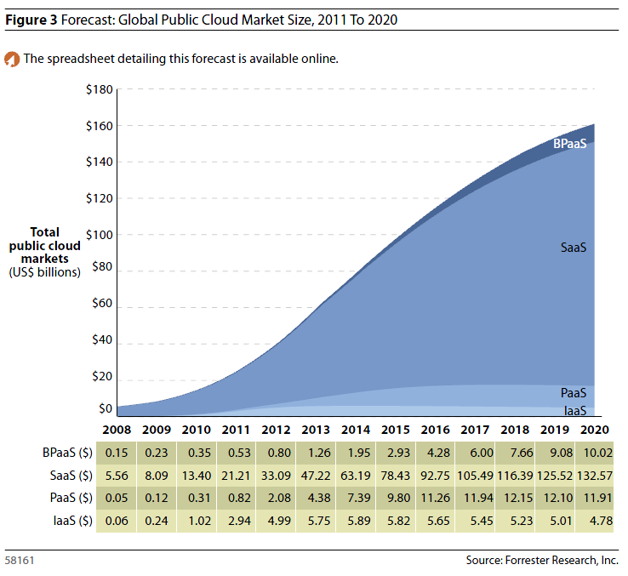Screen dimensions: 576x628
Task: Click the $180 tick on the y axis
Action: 100,89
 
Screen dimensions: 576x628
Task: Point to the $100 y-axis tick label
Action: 100,234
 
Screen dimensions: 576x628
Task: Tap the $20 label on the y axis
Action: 102,376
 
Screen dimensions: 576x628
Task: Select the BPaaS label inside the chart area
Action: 569,144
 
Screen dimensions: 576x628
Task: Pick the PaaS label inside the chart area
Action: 574,393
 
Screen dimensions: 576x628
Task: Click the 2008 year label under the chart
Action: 116,431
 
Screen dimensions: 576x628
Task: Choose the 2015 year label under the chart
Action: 396,431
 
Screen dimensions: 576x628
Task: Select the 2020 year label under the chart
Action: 595,431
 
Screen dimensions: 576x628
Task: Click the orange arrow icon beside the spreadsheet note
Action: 12,60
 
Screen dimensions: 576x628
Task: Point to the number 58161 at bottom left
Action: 20,562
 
